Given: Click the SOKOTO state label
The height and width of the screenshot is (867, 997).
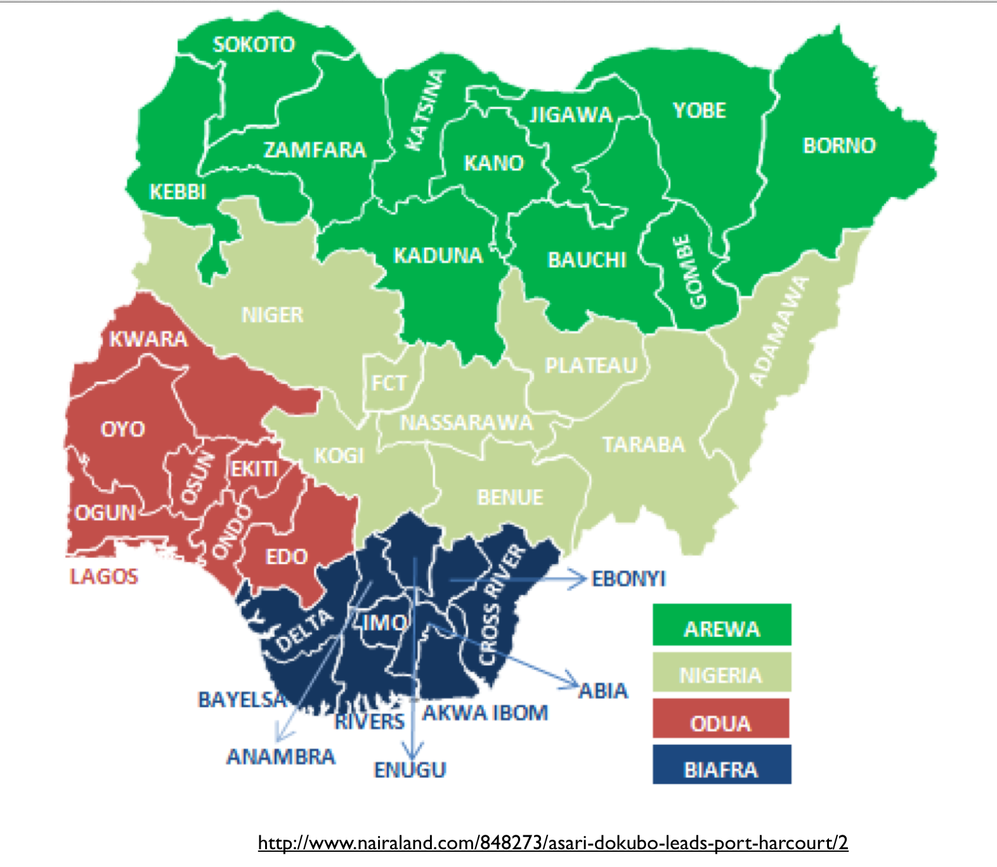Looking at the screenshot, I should pos(254,44).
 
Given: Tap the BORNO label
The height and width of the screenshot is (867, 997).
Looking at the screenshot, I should pos(839,146).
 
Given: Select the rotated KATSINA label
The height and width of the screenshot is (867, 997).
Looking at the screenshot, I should pos(426,111).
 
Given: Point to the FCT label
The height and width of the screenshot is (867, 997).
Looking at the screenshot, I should pos(388,383).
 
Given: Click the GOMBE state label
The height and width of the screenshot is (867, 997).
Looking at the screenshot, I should pos(689,272).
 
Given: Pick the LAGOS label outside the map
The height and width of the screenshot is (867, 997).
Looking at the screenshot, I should pos(104,576).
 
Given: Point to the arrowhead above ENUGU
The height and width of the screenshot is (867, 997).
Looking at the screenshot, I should pos(413,753).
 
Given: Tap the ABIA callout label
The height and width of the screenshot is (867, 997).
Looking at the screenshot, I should pos(603,690).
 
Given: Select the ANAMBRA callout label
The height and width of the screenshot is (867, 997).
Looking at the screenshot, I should pos(281,756).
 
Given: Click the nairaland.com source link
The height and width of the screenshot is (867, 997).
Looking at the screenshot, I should pos(552,843).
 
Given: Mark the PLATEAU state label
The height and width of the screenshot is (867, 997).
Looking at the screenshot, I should pos(591,366).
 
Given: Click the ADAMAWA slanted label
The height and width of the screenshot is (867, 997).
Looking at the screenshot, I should pos(779,331).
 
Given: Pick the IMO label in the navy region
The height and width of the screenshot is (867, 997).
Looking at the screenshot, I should pos(385,622).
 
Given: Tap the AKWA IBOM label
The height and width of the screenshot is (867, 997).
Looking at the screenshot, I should pos(485,712).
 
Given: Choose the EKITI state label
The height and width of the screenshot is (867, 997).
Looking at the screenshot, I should pos(254,469).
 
